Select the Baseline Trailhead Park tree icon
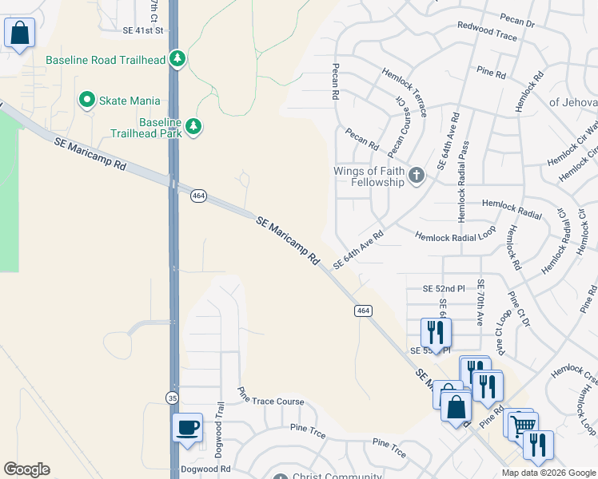tap(193, 125)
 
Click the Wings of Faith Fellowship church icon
tap(416, 176)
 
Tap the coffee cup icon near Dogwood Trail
tap(188, 426)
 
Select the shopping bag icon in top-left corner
tap(20, 34)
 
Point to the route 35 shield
tap(173, 397)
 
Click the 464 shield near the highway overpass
tap(198, 196)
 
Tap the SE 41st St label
tap(143, 30)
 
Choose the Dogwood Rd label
tap(205, 469)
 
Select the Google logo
tap(26, 469)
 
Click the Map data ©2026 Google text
tap(548, 473)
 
